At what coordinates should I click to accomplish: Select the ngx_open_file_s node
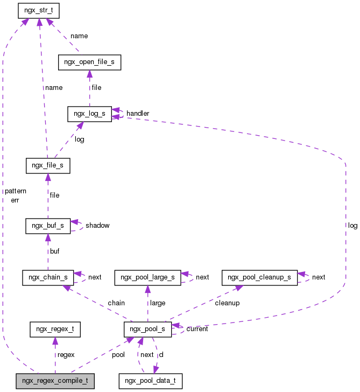89,62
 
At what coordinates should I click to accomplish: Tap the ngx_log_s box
89,114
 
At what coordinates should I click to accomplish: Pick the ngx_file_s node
48,165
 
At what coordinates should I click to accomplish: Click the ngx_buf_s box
48,226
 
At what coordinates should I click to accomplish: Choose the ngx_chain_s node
48,277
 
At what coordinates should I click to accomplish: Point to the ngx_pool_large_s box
148,277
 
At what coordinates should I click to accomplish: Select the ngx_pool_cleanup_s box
259,277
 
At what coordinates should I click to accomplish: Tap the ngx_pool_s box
148,329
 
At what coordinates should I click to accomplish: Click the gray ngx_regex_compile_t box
55,381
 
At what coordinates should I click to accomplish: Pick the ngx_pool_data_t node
151,381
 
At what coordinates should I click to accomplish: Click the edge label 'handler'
138,114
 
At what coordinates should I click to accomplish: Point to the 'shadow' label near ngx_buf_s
97,226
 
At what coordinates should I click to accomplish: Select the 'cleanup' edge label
227,303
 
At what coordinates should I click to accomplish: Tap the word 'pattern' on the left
15,191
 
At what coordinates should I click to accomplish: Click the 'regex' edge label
66,355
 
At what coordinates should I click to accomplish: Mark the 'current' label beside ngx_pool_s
197,329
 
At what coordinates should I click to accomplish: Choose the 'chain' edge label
116,303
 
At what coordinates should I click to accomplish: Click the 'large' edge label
158,303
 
